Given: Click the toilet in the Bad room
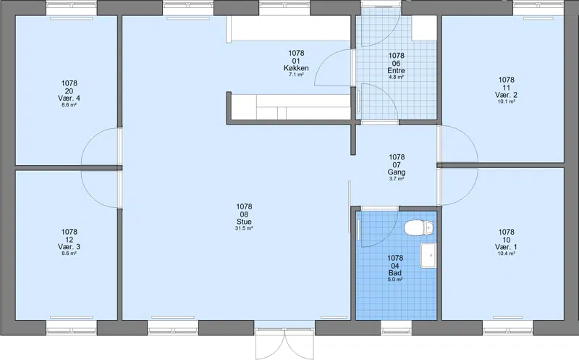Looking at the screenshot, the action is coord(419,227).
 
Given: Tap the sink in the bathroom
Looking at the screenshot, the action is coord(428,255).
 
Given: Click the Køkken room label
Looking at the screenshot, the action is coord(296,68).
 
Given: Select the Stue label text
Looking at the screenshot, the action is coord(244,222).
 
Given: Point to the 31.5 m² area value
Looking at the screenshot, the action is coord(244,228).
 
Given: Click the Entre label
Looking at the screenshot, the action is coord(396,70).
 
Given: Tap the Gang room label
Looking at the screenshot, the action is coord(397,172).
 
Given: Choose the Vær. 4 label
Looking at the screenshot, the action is coord(69,99).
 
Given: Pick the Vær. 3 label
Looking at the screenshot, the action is coord(69,247).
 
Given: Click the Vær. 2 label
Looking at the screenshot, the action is coord(506,95).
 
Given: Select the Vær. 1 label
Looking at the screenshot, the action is coord(506,247).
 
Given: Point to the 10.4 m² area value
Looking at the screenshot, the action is coord(506,254).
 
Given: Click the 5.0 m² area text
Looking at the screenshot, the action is coord(394,280).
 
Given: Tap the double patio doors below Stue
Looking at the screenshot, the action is coord(284,344).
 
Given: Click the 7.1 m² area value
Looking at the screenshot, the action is coord(296,75).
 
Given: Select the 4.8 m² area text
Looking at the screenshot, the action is coord(396,78).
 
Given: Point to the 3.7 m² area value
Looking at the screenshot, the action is coord(397,179).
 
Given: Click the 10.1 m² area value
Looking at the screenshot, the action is coord(506,101).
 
